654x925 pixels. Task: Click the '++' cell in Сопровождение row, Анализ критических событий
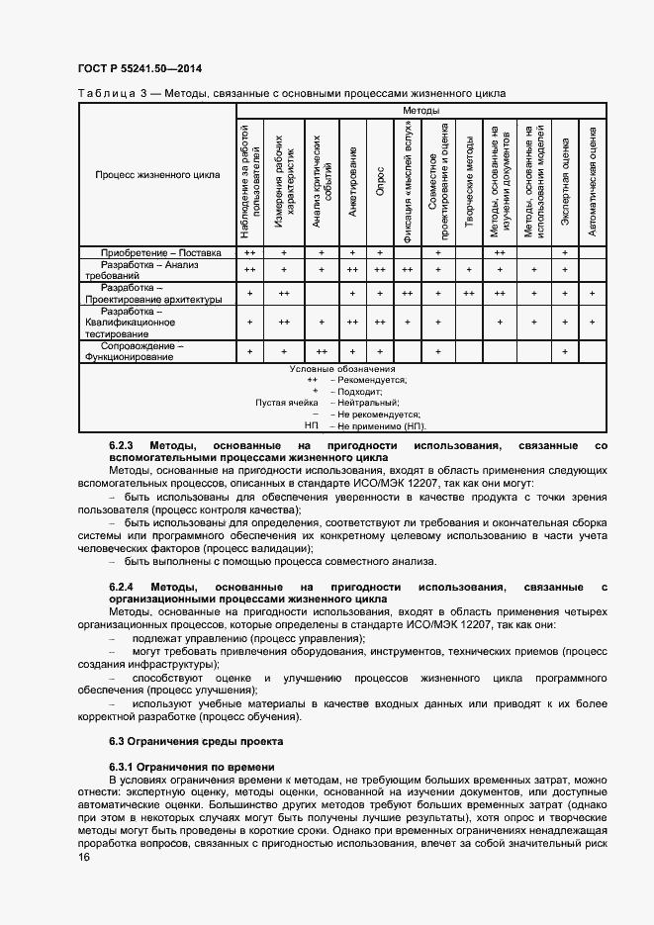[321, 351]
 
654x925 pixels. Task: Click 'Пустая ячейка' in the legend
[286, 403]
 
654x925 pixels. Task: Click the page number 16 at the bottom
[83, 858]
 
